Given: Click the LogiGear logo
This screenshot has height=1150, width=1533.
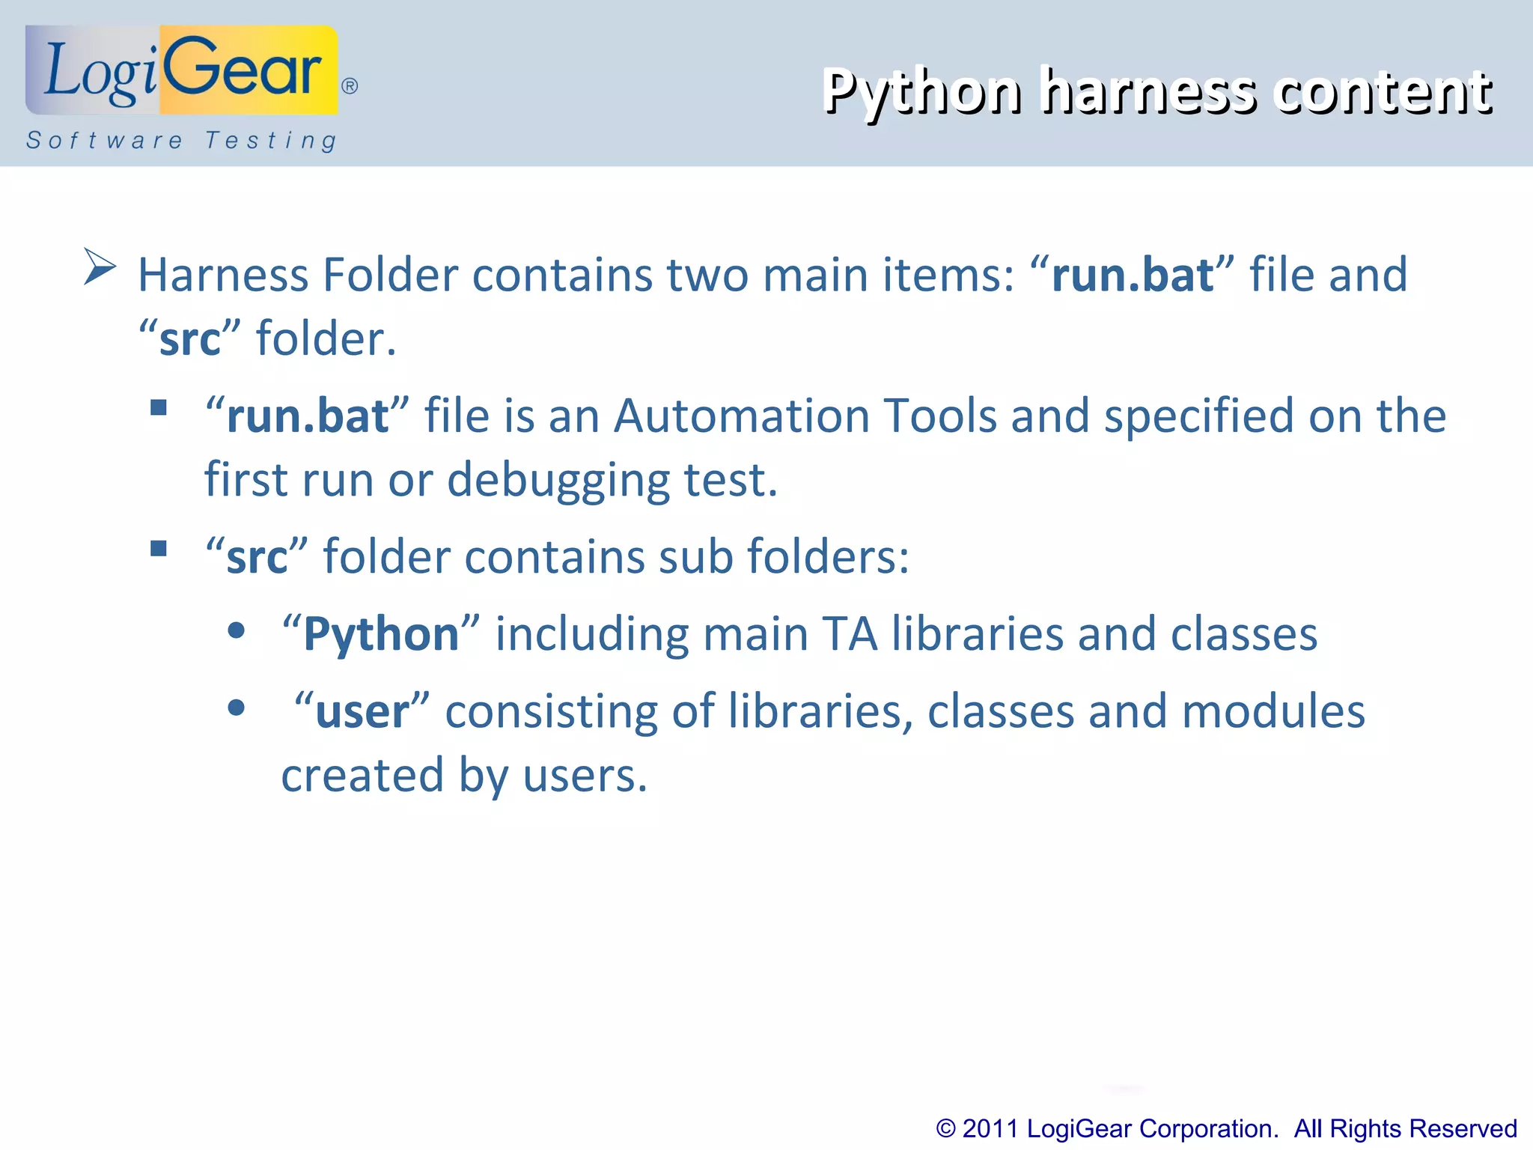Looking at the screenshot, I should coord(182,70).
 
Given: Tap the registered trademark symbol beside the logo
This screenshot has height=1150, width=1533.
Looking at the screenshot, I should coord(350,86).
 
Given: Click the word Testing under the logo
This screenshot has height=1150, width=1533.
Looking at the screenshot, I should coord(271,141).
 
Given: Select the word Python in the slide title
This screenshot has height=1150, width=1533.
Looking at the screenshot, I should coord(921,92).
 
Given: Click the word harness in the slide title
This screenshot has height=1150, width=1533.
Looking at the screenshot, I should coord(1150,92).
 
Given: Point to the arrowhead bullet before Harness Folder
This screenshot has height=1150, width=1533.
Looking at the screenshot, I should coord(100,266).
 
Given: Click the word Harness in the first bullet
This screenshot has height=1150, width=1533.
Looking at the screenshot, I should coord(222,275).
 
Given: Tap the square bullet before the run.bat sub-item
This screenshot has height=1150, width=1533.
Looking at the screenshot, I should coord(159,407).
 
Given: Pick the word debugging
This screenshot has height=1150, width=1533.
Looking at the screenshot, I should coord(558,481).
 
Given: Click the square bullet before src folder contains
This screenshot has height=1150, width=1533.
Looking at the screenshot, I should coord(159,549).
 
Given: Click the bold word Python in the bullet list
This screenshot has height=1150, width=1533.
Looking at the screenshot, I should coord(381,635).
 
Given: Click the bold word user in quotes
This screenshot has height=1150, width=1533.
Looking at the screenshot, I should coord(362,712).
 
